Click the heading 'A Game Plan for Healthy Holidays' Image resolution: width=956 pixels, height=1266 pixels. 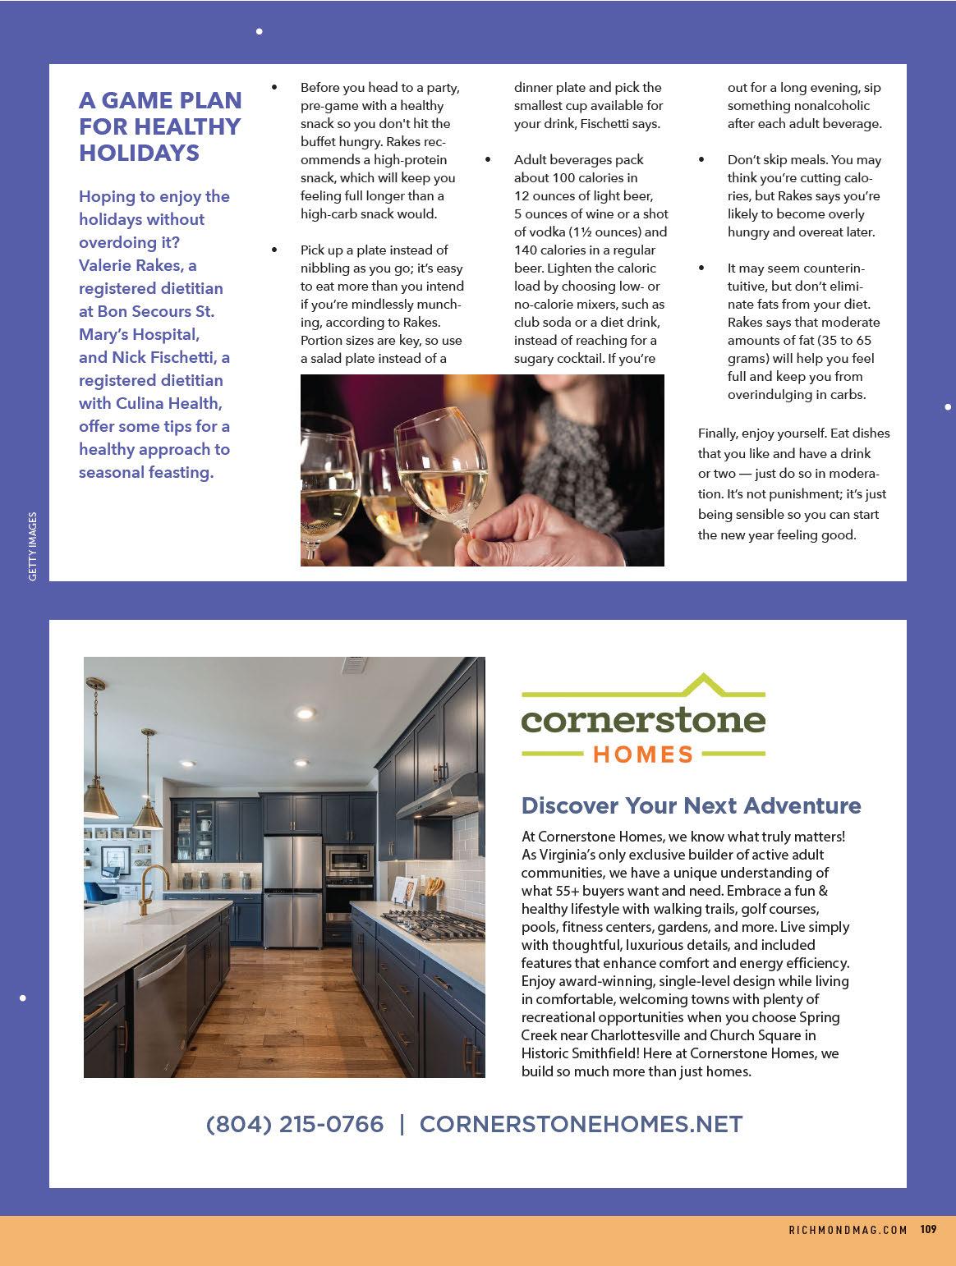pos(160,126)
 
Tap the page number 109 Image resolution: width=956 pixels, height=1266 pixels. pos(928,1229)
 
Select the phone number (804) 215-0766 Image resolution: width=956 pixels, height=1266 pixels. pos(295,1124)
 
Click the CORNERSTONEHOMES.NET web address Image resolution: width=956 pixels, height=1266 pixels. pos(581,1124)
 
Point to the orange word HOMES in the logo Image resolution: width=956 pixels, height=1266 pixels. pos(643,754)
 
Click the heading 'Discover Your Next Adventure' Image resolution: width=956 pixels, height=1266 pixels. pos(691,805)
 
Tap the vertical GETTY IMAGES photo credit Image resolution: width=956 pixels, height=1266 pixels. pos(33,546)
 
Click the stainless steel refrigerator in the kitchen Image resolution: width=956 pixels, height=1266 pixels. pos(292,878)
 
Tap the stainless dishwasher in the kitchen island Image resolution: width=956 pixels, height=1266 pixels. pos(161,1001)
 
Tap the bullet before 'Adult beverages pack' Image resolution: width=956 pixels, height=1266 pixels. pos(488,159)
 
